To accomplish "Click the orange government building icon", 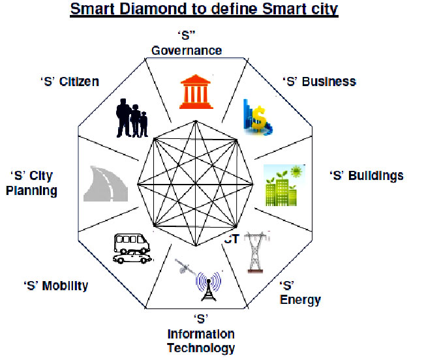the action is [196, 92].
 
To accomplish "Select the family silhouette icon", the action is [132, 118].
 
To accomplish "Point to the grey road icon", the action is [106, 184].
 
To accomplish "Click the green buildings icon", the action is [284, 185].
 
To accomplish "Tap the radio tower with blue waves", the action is [208, 286].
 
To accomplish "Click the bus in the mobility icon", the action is [132, 243].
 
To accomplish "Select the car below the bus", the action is [132, 258].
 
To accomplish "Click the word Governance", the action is [187, 51].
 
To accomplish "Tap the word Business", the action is [329, 82].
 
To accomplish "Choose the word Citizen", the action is [79, 82].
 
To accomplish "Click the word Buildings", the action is [376, 176].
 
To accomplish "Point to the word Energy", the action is [300, 300].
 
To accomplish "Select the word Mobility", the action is [65, 286].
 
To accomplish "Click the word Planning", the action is [31, 190].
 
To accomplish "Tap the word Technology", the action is [201, 348].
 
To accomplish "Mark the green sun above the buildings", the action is [296, 172].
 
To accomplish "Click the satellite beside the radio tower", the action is [184, 267].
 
